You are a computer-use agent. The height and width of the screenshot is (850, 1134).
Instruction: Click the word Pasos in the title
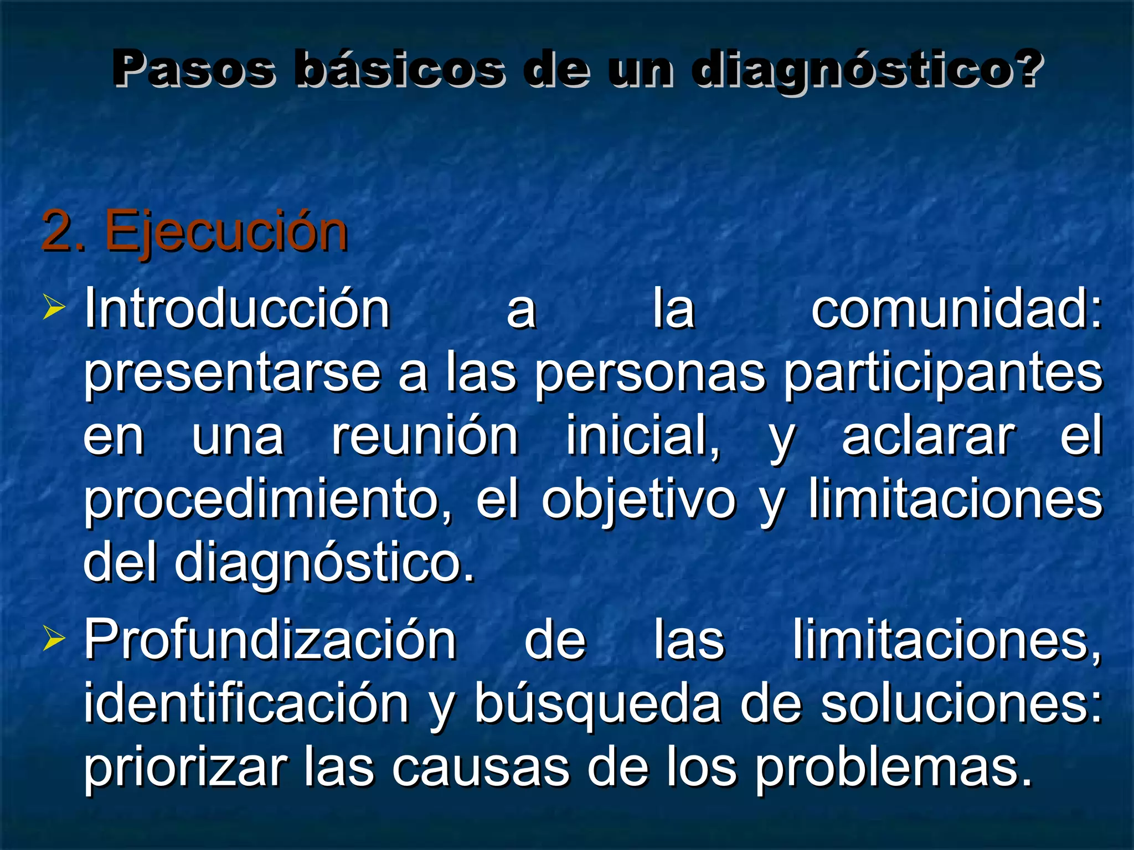(194, 69)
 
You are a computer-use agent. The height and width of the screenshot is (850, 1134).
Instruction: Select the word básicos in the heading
(400, 69)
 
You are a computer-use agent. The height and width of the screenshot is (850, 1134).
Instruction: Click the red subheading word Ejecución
(226, 231)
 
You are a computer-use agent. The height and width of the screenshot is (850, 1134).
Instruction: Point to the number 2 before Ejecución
(57, 231)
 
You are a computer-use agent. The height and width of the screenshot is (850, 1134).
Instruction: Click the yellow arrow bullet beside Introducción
(54, 308)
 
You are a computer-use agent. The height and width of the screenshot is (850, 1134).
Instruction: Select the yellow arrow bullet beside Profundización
(54, 640)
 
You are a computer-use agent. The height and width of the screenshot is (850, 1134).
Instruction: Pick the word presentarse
(232, 374)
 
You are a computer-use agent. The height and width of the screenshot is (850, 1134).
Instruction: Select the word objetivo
(638, 501)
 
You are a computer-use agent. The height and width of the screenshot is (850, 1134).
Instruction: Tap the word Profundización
(270, 641)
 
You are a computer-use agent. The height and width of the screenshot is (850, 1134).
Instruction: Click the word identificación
(246, 704)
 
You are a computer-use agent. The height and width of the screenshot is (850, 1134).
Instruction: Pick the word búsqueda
(599, 704)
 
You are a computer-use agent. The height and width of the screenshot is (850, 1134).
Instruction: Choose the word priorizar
(186, 768)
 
